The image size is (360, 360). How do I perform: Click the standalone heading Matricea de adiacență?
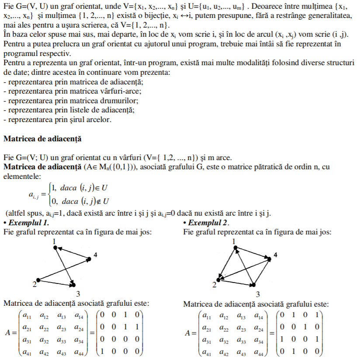pos(42,139)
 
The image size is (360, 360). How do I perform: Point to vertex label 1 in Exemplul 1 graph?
pos(54,241)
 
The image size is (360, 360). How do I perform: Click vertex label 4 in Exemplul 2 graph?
pos(275,255)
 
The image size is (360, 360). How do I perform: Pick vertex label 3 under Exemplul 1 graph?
pos(78,294)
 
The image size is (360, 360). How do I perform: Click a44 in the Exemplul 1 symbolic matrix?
pos(79,351)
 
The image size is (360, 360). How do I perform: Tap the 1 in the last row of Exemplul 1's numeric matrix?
pos(102,351)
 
